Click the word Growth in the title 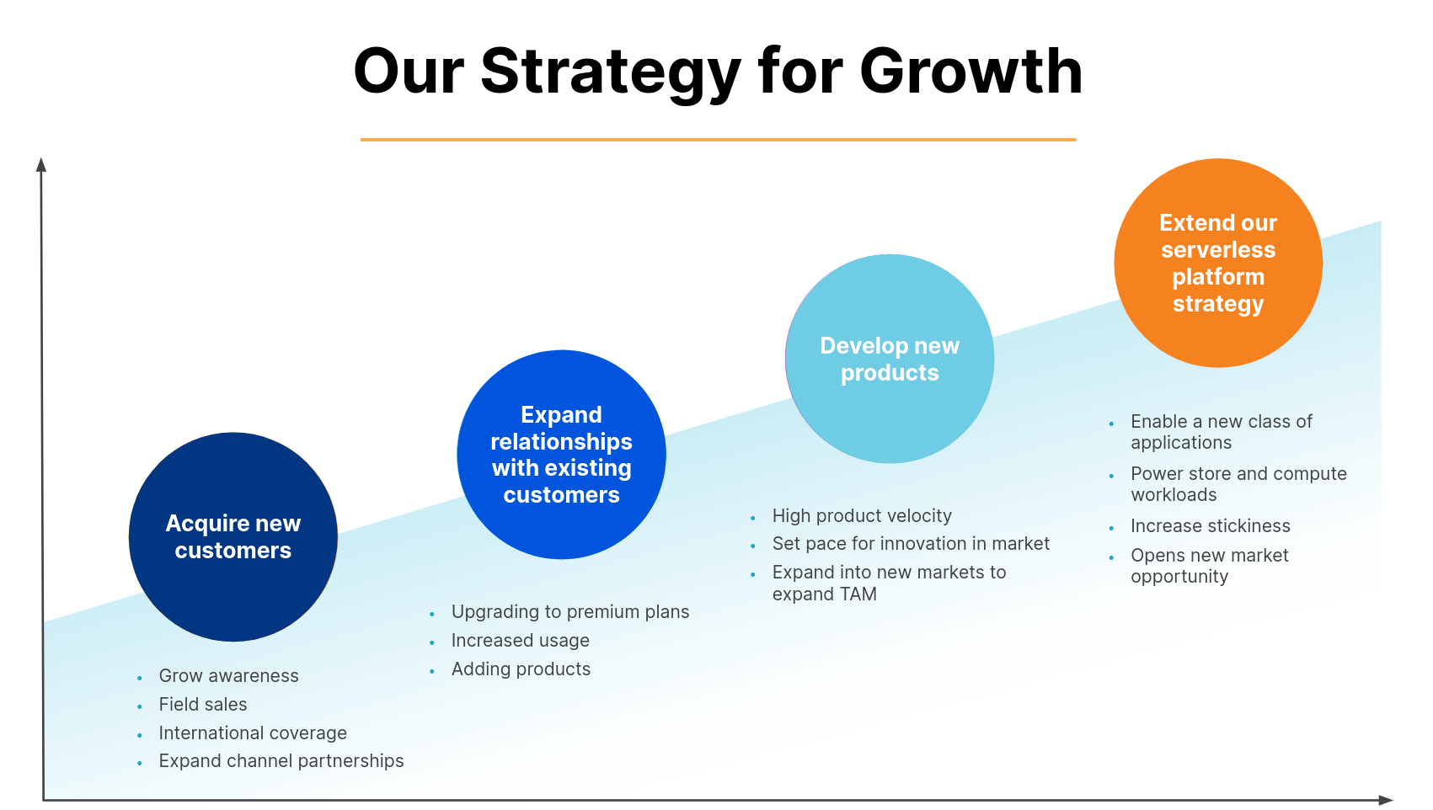[971, 72]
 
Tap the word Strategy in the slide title [611, 73]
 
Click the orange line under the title [718, 140]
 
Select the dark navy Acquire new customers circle [233, 537]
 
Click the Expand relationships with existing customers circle [561, 455]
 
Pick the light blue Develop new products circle [890, 359]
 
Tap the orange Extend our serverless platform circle [1218, 263]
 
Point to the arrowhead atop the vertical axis [41, 164]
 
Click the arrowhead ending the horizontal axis [1386, 800]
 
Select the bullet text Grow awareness [228, 676]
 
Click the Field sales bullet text [203, 704]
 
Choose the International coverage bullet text [253, 733]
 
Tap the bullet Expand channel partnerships [281, 761]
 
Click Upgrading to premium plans [570, 612]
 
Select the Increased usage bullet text [520, 640]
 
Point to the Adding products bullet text [521, 669]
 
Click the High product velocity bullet [862, 516]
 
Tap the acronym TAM [858, 594]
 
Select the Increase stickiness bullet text [1211, 525]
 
